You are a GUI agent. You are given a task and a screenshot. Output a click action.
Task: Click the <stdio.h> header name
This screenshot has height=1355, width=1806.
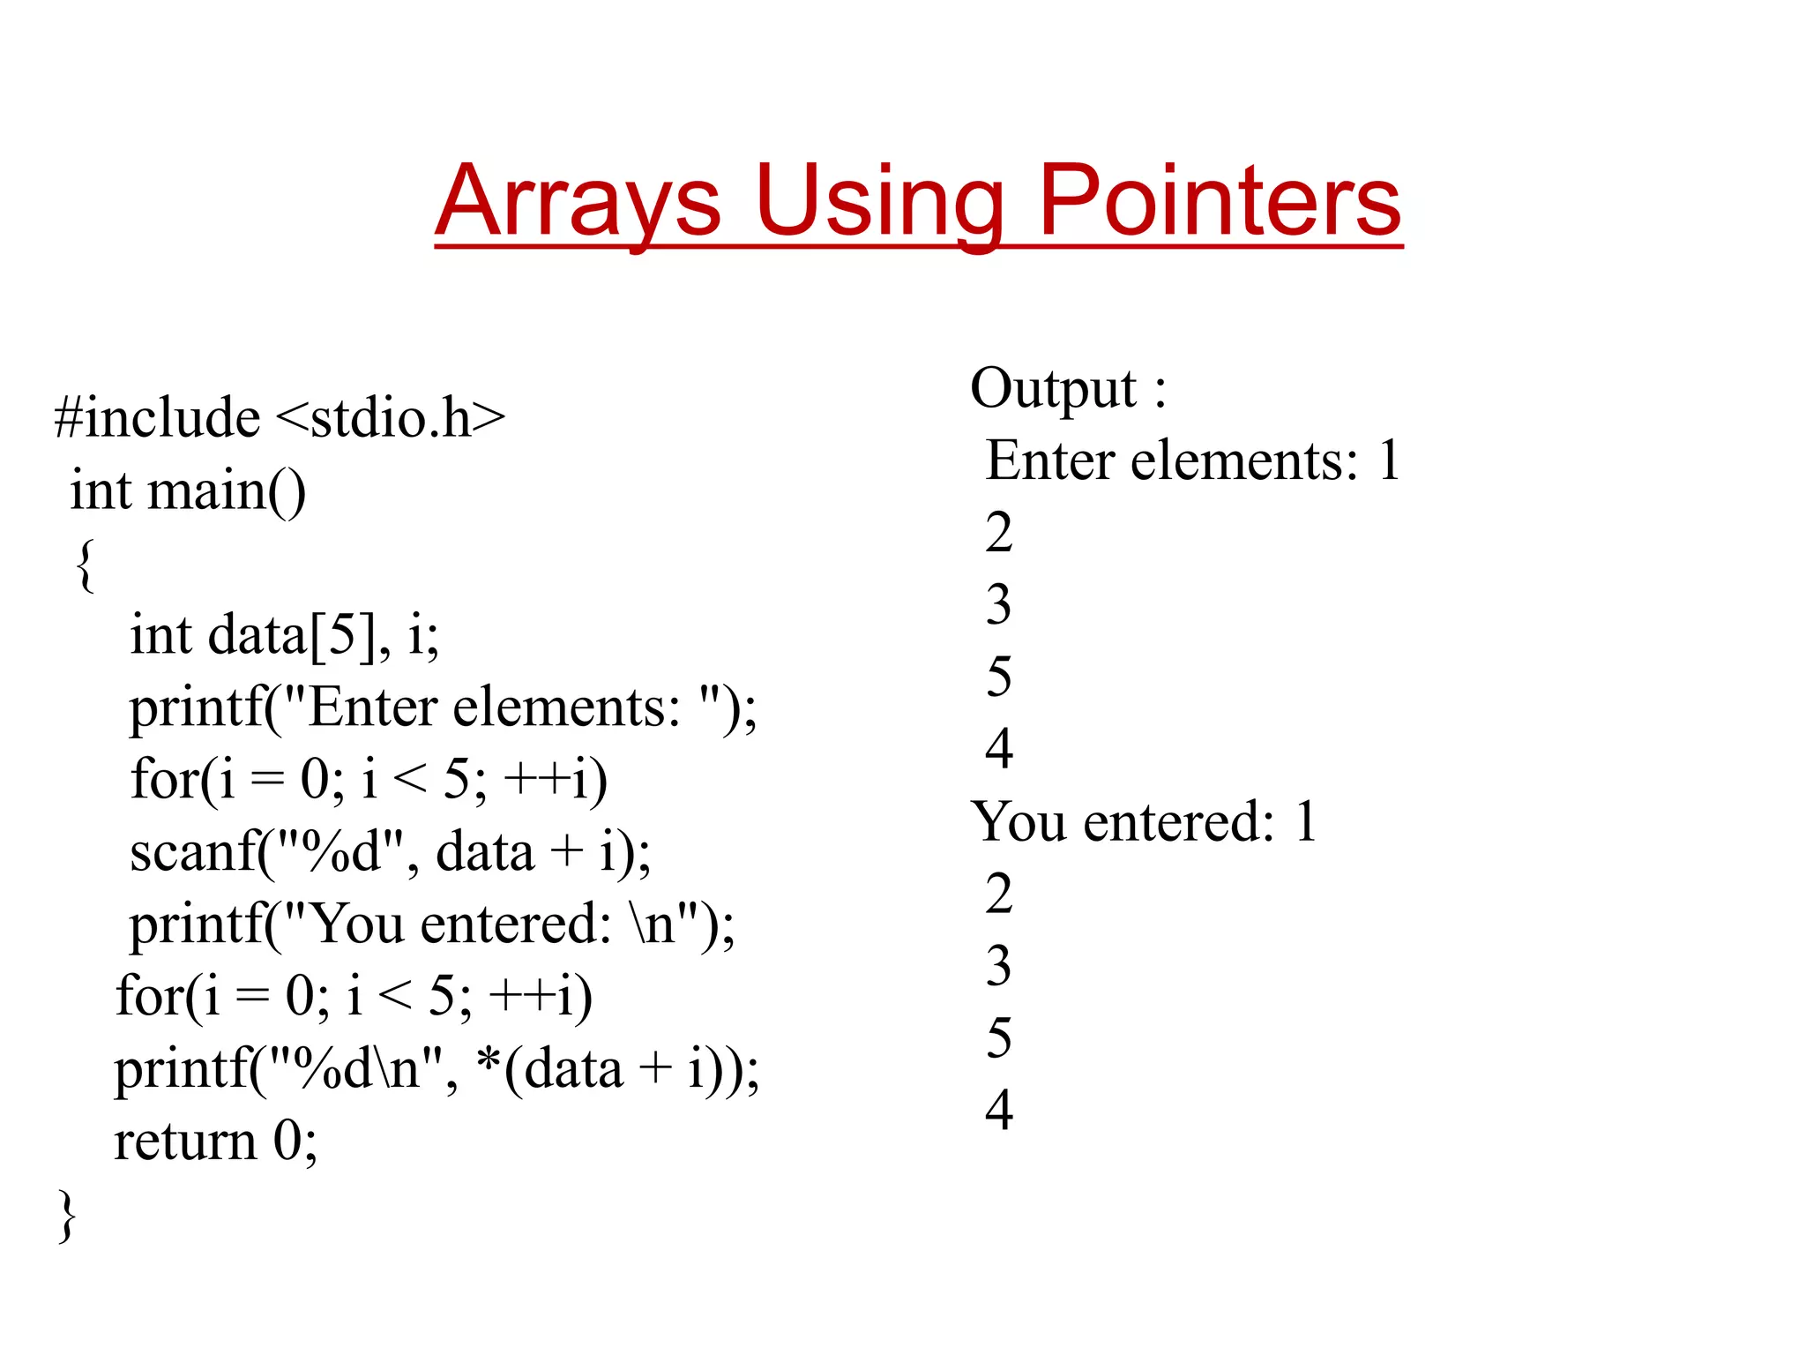391,417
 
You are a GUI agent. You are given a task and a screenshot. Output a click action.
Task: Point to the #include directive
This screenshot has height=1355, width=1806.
157,417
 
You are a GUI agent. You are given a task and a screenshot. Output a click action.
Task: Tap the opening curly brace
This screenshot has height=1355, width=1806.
85,565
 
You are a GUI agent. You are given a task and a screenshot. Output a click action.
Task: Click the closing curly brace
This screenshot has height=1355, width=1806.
67,1216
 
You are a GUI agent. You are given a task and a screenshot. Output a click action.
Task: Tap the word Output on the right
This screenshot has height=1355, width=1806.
1053,388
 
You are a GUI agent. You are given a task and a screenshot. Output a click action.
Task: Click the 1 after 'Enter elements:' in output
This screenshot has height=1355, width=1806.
1389,460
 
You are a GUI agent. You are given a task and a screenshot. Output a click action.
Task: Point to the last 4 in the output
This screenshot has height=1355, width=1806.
999,1110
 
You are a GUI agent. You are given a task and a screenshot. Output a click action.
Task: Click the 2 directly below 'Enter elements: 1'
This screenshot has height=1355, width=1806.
999,533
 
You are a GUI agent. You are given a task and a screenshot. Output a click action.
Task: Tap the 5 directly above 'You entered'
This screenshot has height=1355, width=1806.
999,677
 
